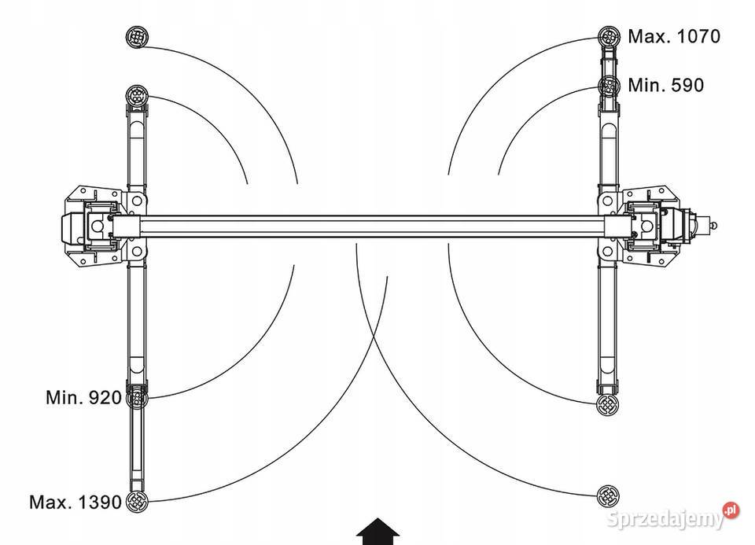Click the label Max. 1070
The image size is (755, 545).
click(674, 36)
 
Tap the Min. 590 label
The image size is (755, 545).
click(665, 85)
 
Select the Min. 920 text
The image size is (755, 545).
click(84, 398)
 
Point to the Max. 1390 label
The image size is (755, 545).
click(75, 503)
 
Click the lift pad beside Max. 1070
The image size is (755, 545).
click(609, 37)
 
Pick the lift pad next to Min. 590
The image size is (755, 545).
click(609, 87)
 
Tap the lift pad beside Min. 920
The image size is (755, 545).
click(136, 398)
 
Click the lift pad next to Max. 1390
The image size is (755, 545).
click(137, 503)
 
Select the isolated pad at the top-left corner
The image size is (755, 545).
click(137, 37)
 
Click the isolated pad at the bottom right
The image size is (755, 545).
click(608, 496)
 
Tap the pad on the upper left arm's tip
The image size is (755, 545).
click(137, 95)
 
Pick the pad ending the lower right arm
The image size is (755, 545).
click(608, 404)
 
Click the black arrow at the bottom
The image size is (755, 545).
click(378, 532)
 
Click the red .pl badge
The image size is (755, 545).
click(731, 510)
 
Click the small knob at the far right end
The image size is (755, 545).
click(713, 225)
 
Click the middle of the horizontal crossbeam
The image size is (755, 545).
click(371, 226)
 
